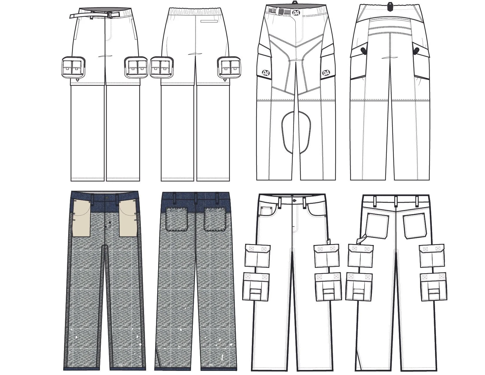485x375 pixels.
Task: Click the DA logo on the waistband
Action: [296, 12]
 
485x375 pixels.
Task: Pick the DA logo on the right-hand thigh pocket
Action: [326, 73]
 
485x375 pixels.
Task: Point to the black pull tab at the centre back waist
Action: [390, 6]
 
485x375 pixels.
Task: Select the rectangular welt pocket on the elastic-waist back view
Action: [209, 21]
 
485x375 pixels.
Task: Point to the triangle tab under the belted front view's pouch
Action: [77, 79]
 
